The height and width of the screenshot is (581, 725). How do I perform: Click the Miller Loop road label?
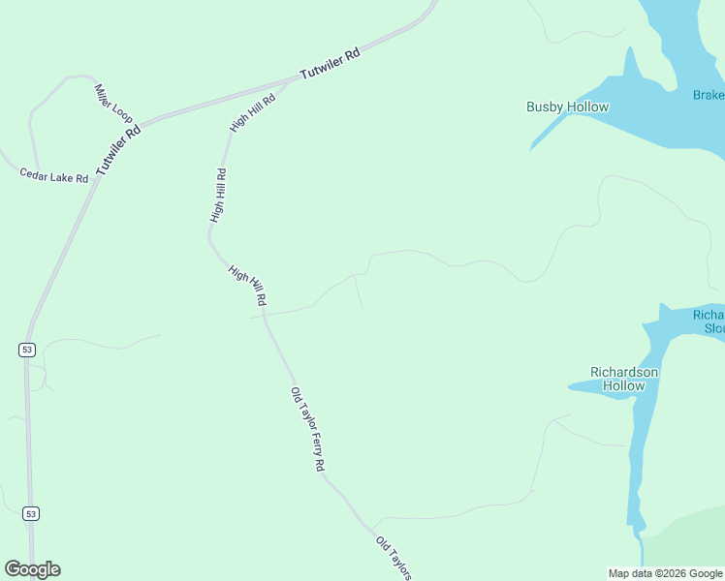click(x=113, y=103)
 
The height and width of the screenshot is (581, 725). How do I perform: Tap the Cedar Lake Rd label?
click(x=54, y=175)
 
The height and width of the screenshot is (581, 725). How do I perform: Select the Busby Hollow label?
click(x=567, y=107)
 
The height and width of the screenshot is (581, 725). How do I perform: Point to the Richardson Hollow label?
click(x=624, y=379)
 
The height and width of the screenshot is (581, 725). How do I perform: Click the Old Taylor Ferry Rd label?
click(x=307, y=429)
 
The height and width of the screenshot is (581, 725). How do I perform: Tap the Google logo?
click(x=32, y=569)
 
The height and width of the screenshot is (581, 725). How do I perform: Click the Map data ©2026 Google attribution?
click(x=666, y=573)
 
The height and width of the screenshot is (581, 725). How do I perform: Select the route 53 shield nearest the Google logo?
click(x=30, y=513)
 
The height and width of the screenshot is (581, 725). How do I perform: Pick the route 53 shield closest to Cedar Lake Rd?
click(x=26, y=349)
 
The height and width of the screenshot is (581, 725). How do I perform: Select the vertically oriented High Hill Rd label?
click(x=219, y=196)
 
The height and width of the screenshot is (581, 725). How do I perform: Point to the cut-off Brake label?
click(x=709, y=95)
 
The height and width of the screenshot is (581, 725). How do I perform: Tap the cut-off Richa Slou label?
click(x=709, y=321)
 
